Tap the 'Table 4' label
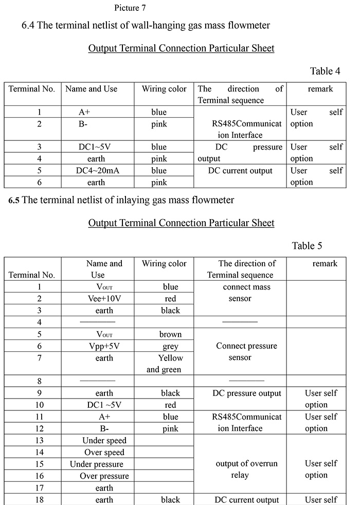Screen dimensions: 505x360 325,71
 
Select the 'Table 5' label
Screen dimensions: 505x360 307,246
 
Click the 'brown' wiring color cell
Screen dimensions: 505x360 170,334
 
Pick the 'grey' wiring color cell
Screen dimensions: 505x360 170,346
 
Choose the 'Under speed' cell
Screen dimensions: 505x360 104,441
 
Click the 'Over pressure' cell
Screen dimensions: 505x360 104,476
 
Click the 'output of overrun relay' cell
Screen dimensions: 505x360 246,469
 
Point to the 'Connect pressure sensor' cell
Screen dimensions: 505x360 240,352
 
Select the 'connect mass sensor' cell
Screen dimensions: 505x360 246,293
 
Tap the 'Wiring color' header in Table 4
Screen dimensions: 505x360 164,88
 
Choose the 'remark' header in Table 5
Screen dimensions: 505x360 325,263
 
